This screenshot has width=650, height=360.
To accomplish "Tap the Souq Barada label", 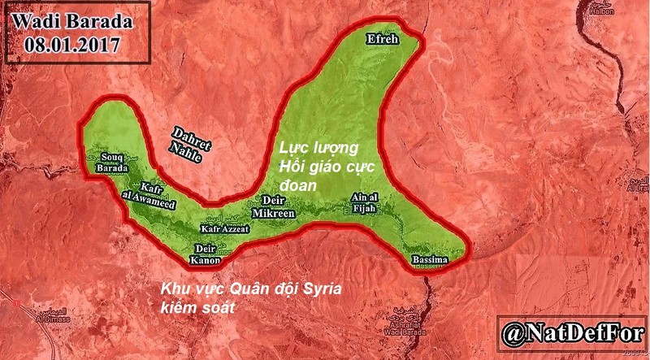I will click(x=113, y=163).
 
